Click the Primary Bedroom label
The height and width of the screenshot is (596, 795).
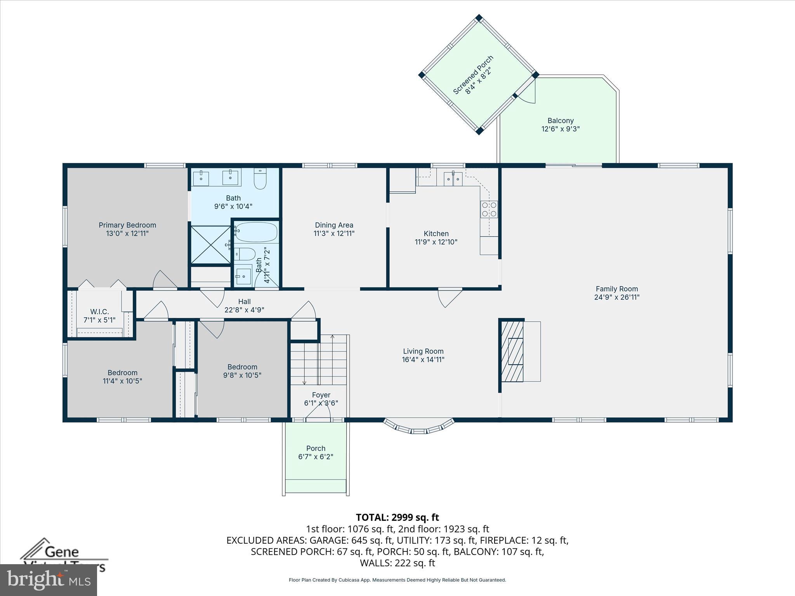127,225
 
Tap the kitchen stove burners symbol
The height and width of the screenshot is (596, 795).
489,209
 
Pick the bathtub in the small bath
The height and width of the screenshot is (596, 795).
256,232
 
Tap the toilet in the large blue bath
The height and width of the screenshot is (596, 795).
260,179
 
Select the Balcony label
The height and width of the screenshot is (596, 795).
561,121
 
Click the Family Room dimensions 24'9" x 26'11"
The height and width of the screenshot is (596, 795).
617,297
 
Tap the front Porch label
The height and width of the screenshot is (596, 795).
316,448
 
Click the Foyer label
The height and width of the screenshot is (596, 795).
321,395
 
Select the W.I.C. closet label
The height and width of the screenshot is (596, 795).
99,312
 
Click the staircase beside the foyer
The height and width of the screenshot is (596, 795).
318,359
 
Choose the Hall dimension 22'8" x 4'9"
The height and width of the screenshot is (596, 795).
244,310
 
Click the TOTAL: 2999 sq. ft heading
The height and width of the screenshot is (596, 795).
397,517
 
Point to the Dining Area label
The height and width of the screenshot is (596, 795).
334,225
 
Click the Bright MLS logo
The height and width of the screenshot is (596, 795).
49,580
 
